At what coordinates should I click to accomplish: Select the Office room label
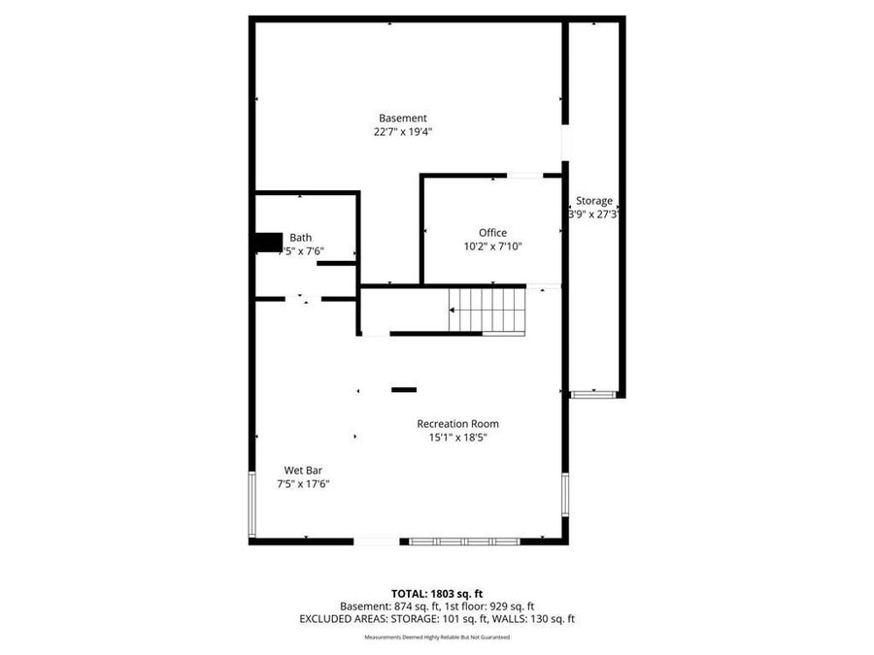tap(492, 233)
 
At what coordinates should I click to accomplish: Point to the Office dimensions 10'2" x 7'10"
tap(492, 246)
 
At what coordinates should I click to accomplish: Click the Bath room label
tap(300, 238)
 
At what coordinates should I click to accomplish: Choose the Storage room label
tap(594, 201)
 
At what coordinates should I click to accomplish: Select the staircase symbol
tap(487, 311)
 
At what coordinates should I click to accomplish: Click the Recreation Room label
tap(457, 423)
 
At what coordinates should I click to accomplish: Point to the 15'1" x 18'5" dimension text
tap(457, 438)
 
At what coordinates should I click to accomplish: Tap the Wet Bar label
tap(303, 470)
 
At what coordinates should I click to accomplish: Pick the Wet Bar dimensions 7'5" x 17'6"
tap(303, 483)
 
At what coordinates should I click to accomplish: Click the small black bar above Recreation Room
tap(404, 390)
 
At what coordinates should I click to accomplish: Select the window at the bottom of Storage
tap(591, 394)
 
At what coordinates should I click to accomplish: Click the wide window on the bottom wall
tap(464, 540)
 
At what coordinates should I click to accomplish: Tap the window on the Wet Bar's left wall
tap(252, 505)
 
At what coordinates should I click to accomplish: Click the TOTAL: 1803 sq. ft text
tap(436, 592)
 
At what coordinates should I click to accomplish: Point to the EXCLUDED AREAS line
tap(436, 618)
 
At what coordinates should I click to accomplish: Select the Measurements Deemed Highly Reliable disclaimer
tap(436, 638)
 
